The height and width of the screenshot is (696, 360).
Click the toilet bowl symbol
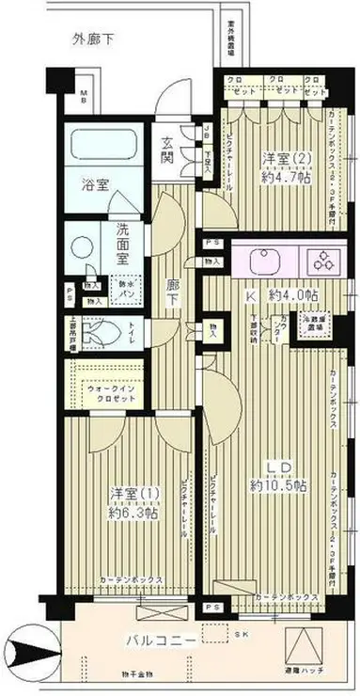(x=103, y=332)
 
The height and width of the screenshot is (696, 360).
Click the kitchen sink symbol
(x=261, y=258)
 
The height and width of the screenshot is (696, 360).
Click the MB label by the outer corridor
(x=82, y=92)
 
